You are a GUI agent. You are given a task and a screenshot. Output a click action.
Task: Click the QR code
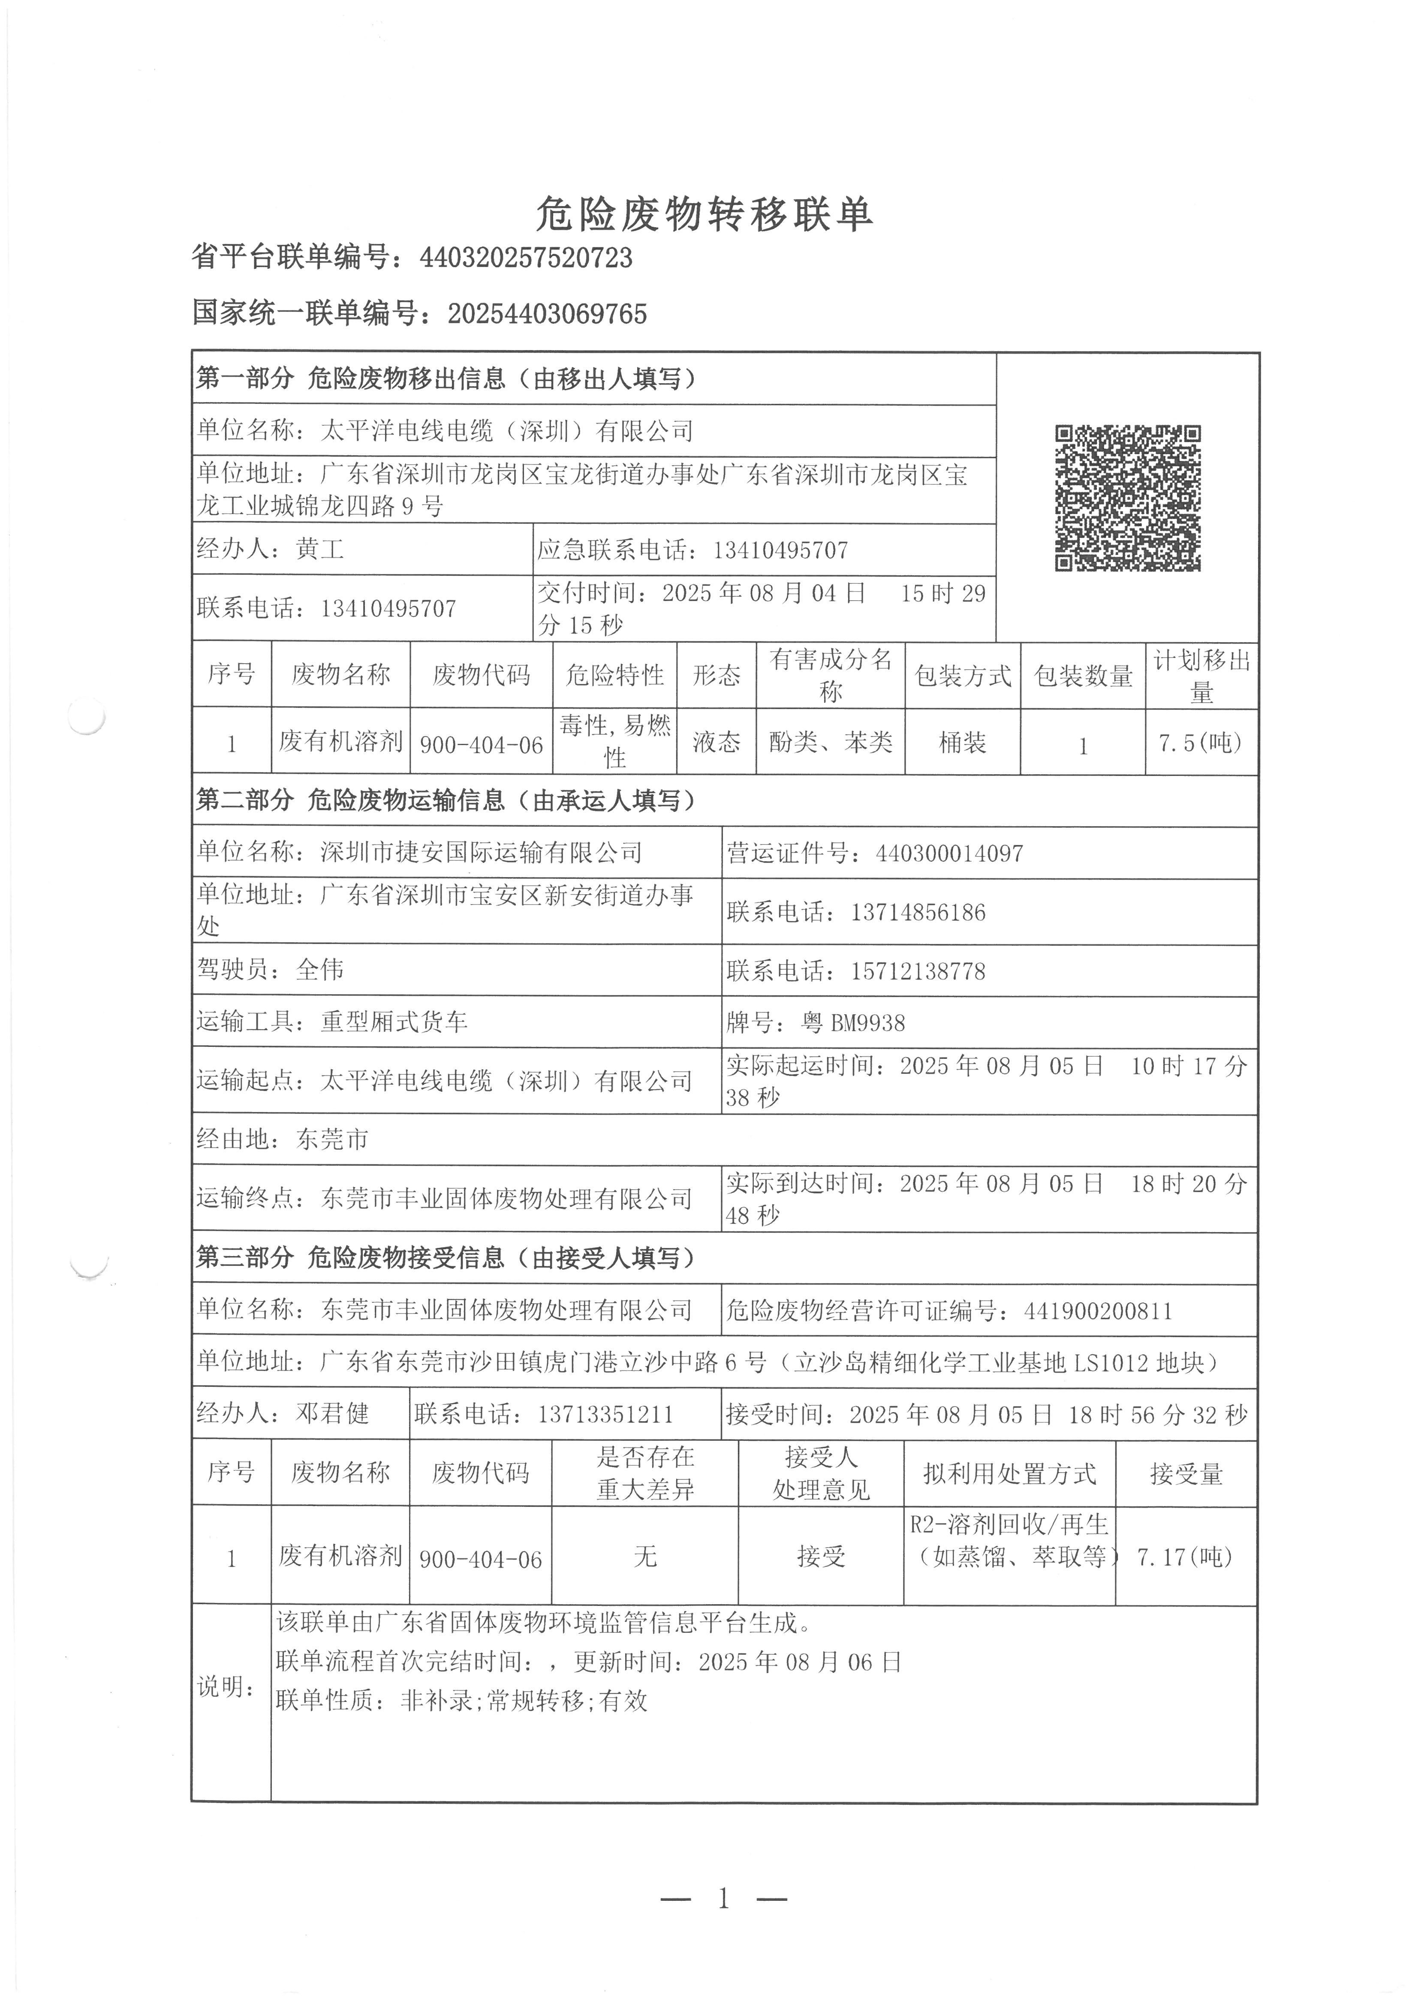tap(1127, 498)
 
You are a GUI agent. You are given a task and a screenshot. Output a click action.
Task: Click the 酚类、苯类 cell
tap(830, 742)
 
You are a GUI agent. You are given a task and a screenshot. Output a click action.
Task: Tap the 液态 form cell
tap(717, 742)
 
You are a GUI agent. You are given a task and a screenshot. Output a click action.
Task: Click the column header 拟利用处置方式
tap(1009, 1474)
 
